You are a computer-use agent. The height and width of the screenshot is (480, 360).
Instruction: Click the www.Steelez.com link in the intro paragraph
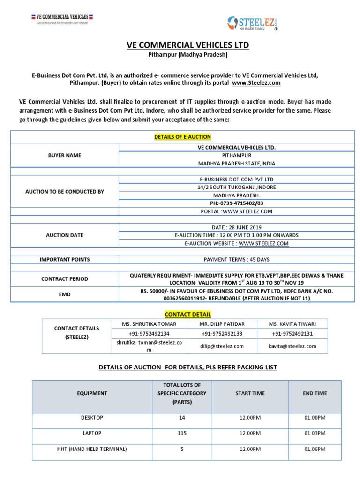click(x=256, y=82)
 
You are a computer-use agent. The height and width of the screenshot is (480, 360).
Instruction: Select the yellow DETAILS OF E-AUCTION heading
click(x=183, y=137)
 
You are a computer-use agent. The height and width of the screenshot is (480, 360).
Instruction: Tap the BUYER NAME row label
click(x=64, y=155)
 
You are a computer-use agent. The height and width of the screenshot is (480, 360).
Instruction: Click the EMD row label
click(x=64, y=295)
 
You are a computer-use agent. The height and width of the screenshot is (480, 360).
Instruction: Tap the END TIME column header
click(x=315, y=393)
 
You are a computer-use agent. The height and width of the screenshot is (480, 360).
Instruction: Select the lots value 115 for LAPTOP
click(x=182, y=433)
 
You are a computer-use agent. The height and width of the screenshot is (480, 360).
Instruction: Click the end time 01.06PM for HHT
click(x=315, y=449)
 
